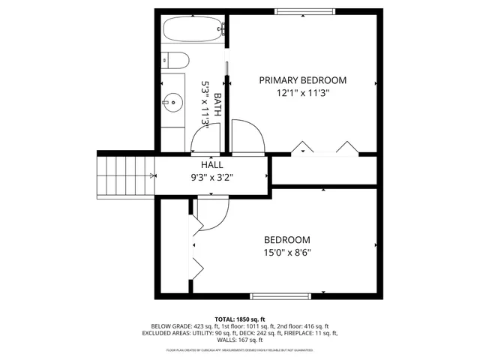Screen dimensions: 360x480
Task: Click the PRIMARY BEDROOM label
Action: [x=302, y=80]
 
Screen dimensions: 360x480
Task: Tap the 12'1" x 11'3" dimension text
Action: [x=302, y=93]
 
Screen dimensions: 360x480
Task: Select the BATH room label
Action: [x=217, y=100]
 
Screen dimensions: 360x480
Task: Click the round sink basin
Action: [x=173, y=100]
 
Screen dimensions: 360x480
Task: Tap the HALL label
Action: [x=211, y=165]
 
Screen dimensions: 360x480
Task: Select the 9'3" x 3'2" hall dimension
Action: [x=211, y=178]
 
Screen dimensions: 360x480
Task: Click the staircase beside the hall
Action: [x=124, y=175]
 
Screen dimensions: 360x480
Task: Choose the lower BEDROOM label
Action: [x=286, y=240]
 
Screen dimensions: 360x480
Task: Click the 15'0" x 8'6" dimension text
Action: [x=286, y=253]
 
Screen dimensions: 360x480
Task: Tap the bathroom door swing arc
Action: [x=205, y=136]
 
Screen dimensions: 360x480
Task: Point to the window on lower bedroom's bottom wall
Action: [x=279, y=295]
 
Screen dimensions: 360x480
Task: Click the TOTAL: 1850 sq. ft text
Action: [x=240, y=319]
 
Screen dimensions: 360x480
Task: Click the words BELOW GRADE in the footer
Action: [x=169, y=327]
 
